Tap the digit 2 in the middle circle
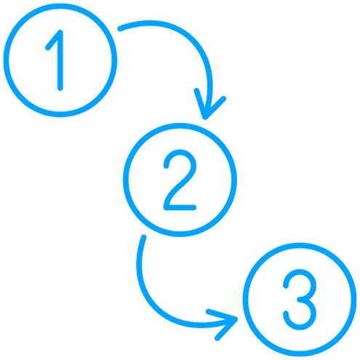[180, 180]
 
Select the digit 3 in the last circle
[300, 300]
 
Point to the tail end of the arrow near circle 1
[120, 28]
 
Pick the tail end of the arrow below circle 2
[144, 237]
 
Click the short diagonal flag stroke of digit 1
[54, 40]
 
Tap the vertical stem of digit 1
[60, 60]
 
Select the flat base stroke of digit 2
[180, 208]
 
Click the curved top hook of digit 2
[180, 152]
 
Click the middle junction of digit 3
[300, 300]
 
